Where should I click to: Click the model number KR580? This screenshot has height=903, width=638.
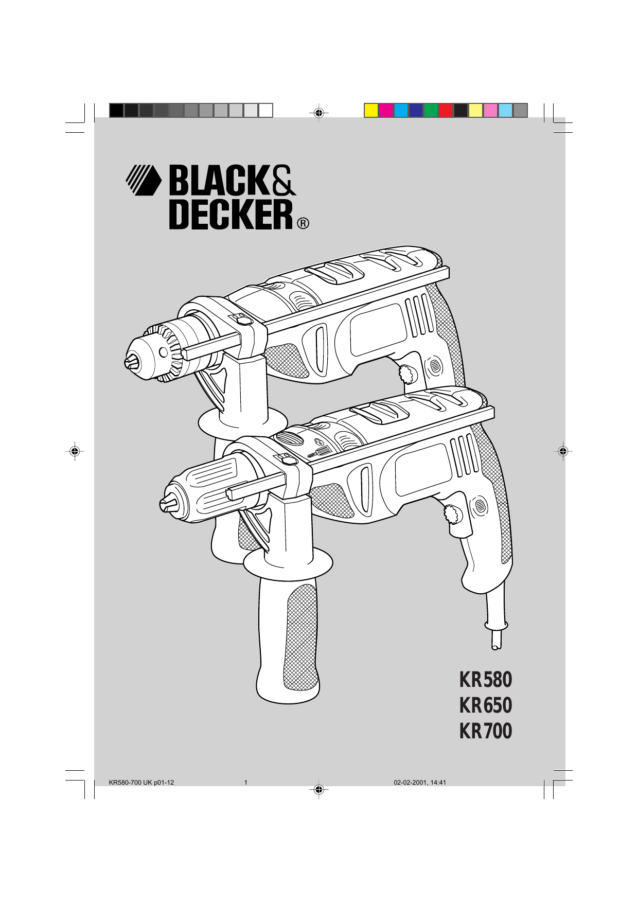tap(485, 680)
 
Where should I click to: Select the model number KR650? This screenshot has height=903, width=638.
tap(485, 705)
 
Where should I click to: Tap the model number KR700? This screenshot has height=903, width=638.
tap(485, 731)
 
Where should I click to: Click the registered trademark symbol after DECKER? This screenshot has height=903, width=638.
tap(303, 224)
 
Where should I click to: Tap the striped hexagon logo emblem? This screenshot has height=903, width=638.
tap(144, 180)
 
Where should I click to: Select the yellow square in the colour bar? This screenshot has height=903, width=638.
tap(371, 111)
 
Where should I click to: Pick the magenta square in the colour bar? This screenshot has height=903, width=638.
tap(386, 111)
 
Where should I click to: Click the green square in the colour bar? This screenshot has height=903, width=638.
tap(431, 111)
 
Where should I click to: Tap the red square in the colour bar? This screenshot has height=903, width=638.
tap(446, 111)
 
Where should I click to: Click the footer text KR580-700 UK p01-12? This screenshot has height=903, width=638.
tap(141, 783)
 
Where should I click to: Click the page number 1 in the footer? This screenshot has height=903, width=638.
tap(246, 783)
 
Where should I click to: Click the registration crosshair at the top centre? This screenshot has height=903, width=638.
tap(319, 112)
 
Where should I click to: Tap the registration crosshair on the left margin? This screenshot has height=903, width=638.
tap(75, 451)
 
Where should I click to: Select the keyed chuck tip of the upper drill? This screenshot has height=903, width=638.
tap(132, 362)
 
